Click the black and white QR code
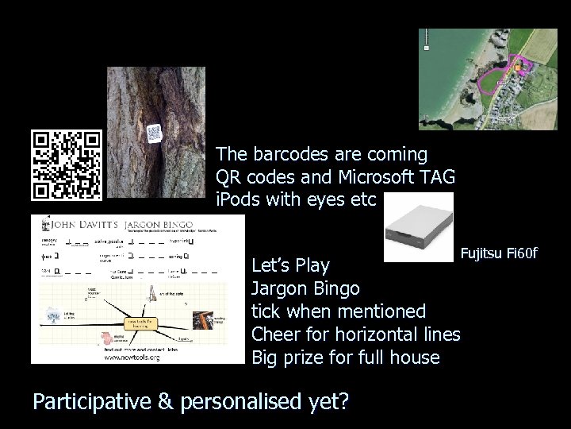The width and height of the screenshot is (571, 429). click(x=67, y=164)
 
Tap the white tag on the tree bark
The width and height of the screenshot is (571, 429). click(x=154, y=131)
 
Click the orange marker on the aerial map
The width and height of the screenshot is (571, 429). click(x=516, y=69)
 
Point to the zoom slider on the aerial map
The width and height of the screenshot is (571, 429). click(x=427, y=40)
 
